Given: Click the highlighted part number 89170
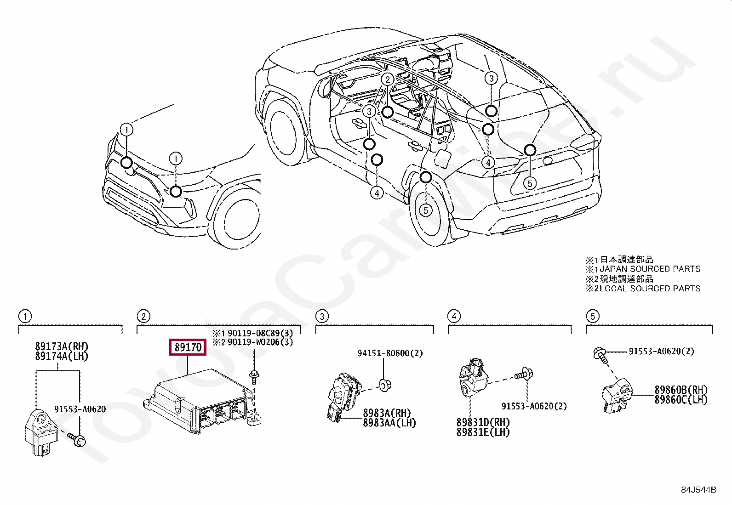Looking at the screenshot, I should tap(188, 347).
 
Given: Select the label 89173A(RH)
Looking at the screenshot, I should tap(61, 346).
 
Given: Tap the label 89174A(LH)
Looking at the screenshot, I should tap(61, 356).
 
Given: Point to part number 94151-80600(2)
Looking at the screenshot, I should tap(390, 353).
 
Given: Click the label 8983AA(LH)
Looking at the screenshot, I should tap(389, 423).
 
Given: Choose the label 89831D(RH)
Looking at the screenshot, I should tap(483, 422).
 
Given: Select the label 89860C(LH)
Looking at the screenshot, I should tap(681, 400).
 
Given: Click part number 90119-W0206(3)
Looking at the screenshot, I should tap(260, 342).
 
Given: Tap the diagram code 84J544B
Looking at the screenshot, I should tap(698, 490).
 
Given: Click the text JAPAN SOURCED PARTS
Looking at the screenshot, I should tap(650, 269).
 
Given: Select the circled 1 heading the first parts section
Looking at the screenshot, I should tap(25, 316).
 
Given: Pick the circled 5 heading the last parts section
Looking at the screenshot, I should tap(592, 316).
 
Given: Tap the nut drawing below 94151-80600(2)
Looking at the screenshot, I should tap(385, 385).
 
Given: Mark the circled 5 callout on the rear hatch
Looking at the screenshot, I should tap(530, 183).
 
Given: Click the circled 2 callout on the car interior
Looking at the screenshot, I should tap(387, 79).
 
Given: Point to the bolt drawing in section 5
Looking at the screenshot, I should tap(600, 353).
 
